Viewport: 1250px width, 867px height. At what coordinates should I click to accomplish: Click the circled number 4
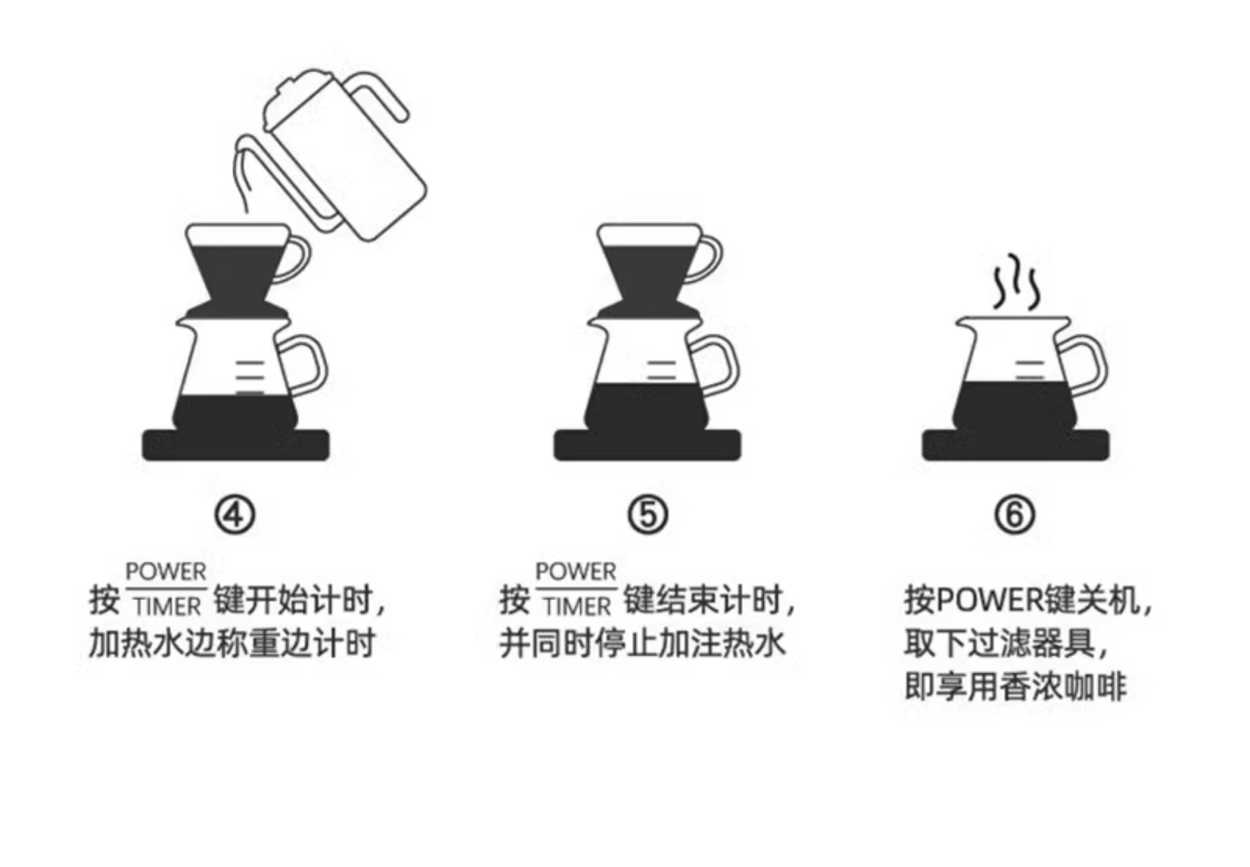(235, 515)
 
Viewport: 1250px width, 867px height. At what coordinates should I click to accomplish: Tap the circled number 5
(648, 515)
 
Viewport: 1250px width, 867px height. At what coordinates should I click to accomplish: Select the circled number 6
(1015, 515)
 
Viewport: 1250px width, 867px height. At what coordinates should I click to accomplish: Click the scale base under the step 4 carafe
(235, 446)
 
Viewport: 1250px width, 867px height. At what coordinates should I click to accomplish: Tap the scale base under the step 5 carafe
(647, 446)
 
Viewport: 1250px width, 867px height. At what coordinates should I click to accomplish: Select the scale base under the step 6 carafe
(1015, 446)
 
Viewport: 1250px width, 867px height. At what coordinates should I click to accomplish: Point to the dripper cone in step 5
(647, 272)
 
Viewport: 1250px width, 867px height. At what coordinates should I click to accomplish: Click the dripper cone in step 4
(235, 272)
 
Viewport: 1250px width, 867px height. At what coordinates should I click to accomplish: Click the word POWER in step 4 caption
(166, 572)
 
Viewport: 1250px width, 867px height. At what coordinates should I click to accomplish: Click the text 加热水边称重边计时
(232, 643)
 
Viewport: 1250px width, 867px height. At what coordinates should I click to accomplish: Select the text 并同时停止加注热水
(642, 643)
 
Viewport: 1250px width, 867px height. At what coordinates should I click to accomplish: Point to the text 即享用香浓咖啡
(1015, 687)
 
